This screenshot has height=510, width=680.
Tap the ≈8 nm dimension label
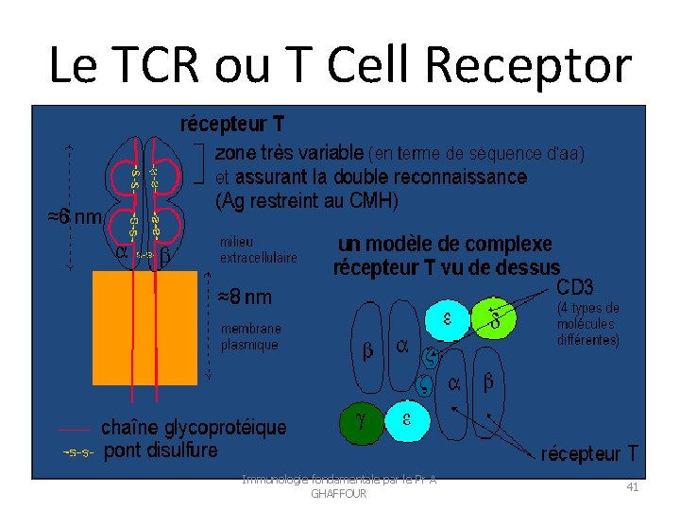coord(245,297)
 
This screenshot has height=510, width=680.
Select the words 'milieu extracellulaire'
coord(258,249)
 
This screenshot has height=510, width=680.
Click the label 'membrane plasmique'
coord(250,337)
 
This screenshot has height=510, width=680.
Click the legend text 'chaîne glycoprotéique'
coord(194,428)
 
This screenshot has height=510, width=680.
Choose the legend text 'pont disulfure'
coord(161,450)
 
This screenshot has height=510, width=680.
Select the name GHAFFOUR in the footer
coord(337,494)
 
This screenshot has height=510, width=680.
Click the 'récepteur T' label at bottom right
coord(589,453)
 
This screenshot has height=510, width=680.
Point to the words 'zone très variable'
coord(289,152)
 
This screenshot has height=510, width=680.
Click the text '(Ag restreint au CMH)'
coord(307,200)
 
